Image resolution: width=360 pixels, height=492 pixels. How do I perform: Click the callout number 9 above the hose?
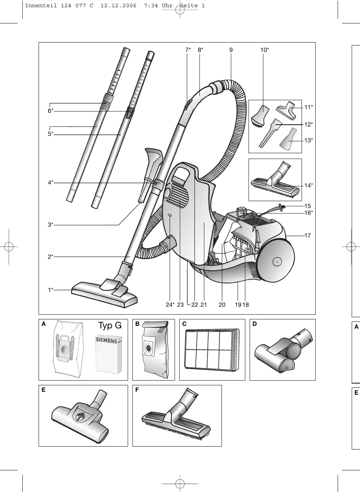click(x=231, y=50)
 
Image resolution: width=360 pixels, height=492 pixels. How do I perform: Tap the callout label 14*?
click(x=308, y=186)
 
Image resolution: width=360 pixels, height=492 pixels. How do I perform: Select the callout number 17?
click(x=307, y=236)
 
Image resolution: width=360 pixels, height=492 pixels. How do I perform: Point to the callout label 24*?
click(x=170, y=305)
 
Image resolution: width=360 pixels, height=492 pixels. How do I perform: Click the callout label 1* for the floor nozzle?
click(x=51, y=290)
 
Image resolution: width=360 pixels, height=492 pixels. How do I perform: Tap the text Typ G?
click(x=110, y=325)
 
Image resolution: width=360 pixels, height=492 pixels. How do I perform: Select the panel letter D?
click(x=255, y=324)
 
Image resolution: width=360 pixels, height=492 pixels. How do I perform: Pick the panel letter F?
click(x=137, y=390)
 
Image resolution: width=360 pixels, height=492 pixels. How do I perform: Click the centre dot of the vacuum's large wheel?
click(x=277, y=262)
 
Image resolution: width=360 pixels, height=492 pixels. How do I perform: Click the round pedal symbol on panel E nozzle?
click(x=80, y=416)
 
